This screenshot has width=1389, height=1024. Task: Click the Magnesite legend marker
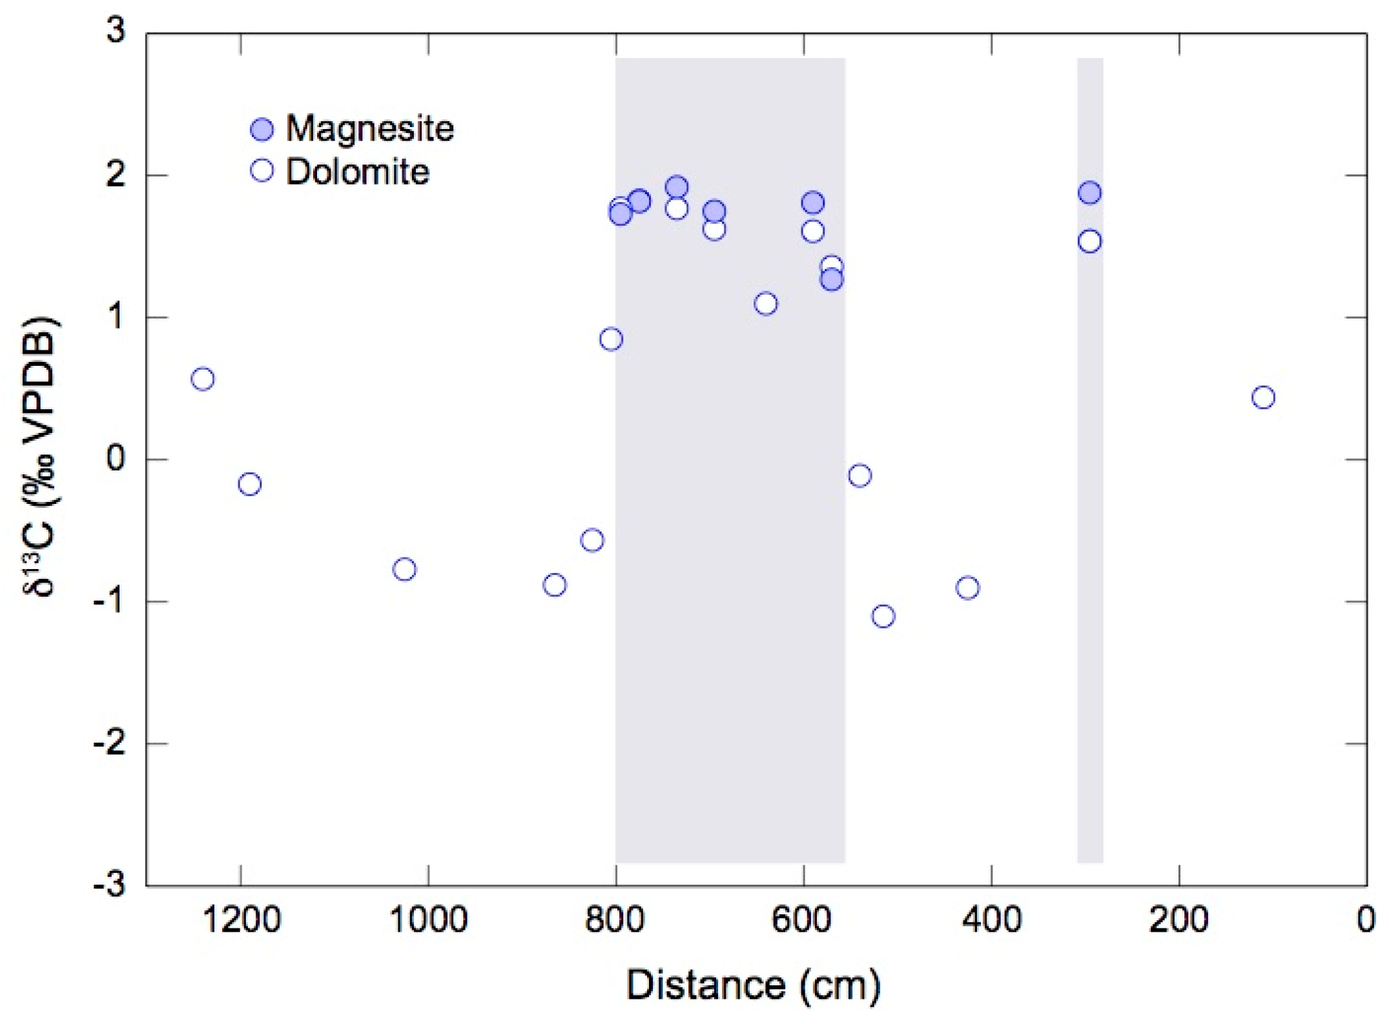pos(262,130)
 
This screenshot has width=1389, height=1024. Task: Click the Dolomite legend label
pos(357,172)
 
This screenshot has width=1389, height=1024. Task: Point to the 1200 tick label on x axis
pos(241,919)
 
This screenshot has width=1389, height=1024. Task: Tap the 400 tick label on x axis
pos(991,919)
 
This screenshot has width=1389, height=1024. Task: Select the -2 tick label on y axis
pos(108,744)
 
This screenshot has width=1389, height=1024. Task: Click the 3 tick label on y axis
pos(116,30)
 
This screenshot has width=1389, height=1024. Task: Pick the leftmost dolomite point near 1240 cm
pos(203,379)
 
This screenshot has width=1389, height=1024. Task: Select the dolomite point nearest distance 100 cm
pos(1263,397)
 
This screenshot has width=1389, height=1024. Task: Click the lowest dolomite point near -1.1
pos(883,616)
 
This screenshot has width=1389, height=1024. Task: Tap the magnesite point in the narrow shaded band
pos(1089,192)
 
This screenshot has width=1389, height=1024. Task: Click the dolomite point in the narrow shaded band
pos(1089,241)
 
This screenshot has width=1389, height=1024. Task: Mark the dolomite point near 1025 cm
pos(404,569)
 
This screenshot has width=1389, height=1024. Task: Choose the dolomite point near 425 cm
pos(967,588)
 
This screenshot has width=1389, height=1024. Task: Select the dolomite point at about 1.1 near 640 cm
pos(766,303)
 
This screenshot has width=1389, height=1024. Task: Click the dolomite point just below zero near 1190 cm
pos(250,484)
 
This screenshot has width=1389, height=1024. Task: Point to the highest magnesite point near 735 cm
pos(677,187)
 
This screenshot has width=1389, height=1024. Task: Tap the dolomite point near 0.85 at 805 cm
pos(611,339)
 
